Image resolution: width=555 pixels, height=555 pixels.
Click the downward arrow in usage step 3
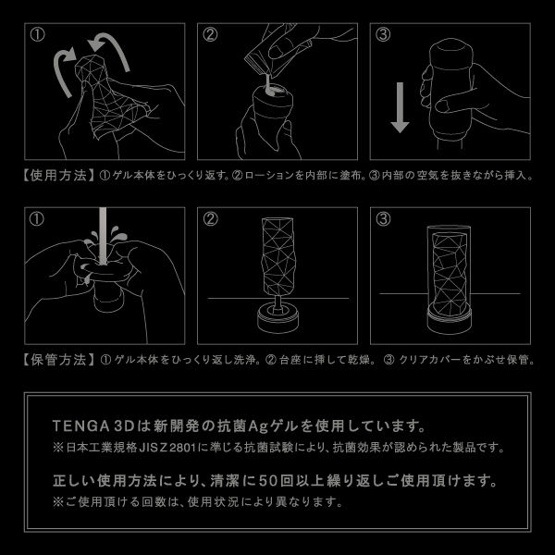pyautogui.click(x=400, y=107)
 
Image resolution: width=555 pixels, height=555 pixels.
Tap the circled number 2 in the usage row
pyautogui.click(x=210, y=35)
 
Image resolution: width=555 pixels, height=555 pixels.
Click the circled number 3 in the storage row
pyautogui.click(x=383, y=219)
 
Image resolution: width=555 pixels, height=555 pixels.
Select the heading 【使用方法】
pyautogui.click(x=58, y=175)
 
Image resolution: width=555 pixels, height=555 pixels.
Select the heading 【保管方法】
pyautogui.click(x=59, y=360)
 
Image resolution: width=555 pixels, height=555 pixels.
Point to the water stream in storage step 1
pyautogui.click(x=103, y=236)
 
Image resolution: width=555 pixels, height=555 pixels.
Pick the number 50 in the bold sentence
pyautogui.click(x=267, y=481)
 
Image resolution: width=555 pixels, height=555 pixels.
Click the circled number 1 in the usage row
pyautogui.click(x=38, y=35)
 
